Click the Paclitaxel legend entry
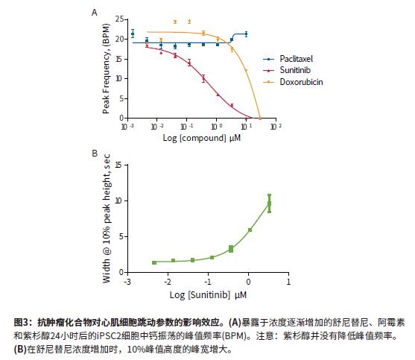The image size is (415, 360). click(288, 59)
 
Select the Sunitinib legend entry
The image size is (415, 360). click(287, 70)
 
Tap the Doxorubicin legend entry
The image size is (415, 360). click(293, 82)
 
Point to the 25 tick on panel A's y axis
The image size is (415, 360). click(120, 19)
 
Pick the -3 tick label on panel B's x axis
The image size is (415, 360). click(127, 282)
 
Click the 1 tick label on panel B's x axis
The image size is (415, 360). click(288, 282)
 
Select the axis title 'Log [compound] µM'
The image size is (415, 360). click(202, 138)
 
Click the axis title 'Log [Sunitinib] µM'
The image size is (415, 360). click(208, 295)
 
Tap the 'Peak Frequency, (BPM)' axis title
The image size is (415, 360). click(106, 69)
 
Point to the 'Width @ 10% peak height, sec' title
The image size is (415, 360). click(107, 218)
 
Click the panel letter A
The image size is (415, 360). click(94, 13)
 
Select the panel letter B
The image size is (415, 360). click(95, 154)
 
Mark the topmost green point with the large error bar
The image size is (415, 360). click(270, 203)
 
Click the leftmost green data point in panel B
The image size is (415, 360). click(154, 262)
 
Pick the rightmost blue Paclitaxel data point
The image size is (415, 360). click(246, 34)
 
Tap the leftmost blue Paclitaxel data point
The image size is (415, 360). click(133, 34)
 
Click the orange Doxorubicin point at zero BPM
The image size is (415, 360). click(260, 118)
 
